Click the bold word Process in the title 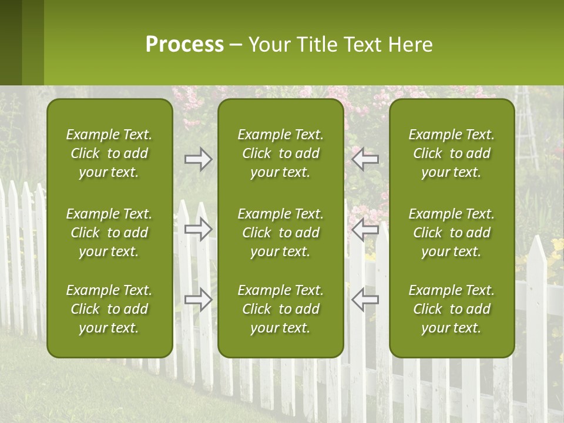pos(184,45)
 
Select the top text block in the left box pos(109,153)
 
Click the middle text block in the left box pos(109,233)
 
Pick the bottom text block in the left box pos(109,309)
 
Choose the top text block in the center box pos(280,153)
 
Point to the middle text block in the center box pos(280,233)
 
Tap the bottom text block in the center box pos(280,309)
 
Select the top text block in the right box pos(451,153)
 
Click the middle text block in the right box pos(451,233)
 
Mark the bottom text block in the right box pos(451,309)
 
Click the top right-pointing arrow pos(198,159)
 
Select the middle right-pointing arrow pos(198,229)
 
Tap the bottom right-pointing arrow pos(198,299)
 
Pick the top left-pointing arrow pos(365,159)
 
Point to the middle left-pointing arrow pos(365,229)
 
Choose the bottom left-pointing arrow pos(365,299)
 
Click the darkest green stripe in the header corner pos(11,42)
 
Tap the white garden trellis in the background pos(532,135)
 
